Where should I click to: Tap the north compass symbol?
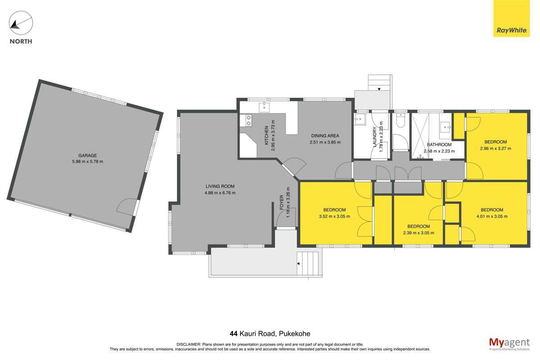coord(21,22)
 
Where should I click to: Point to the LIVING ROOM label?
coord(220,186)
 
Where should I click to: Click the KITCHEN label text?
coord(267,135)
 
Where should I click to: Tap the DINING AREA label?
coord(325,136)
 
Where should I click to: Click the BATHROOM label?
coord(439,145)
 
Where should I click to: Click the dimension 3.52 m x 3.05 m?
coord(334,216)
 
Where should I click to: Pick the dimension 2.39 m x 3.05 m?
coord(418,233)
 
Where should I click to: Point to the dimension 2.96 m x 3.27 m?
coord(495,148)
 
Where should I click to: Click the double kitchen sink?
coord(248,120)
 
